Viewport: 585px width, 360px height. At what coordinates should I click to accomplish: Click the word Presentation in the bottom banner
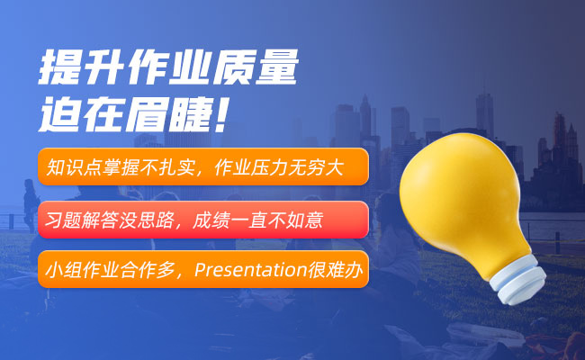(251, 270)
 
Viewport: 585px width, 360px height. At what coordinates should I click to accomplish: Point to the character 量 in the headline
(277, 67)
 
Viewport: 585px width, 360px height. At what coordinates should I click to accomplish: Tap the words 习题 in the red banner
(63, 220)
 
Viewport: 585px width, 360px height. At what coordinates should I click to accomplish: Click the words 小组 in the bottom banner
(63, 270)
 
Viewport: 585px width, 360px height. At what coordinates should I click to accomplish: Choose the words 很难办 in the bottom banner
(335, 270)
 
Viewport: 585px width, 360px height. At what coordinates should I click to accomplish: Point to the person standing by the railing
(31, 203)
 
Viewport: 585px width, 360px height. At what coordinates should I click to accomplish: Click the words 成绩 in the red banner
(211, 220)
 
